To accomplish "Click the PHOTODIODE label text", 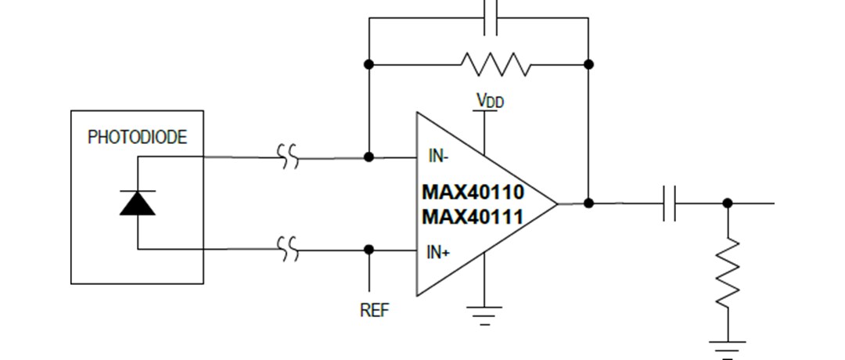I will [137, 138].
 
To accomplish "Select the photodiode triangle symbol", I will [138, 203].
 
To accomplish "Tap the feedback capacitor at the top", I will [491, 17].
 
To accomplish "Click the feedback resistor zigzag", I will [495, 64].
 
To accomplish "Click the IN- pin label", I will [438, 157].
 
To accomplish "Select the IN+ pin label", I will [438, 252].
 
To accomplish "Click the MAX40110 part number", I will [473, 193].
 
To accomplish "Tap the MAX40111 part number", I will [473, 216].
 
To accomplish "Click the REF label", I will [373, 310].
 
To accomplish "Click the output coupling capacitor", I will [670, 203].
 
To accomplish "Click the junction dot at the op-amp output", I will [588, 203].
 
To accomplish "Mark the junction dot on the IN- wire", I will [369, 157].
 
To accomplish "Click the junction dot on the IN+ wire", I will [369, 250].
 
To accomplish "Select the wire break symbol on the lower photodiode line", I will [289, 250].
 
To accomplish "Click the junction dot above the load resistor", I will [728, 203].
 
